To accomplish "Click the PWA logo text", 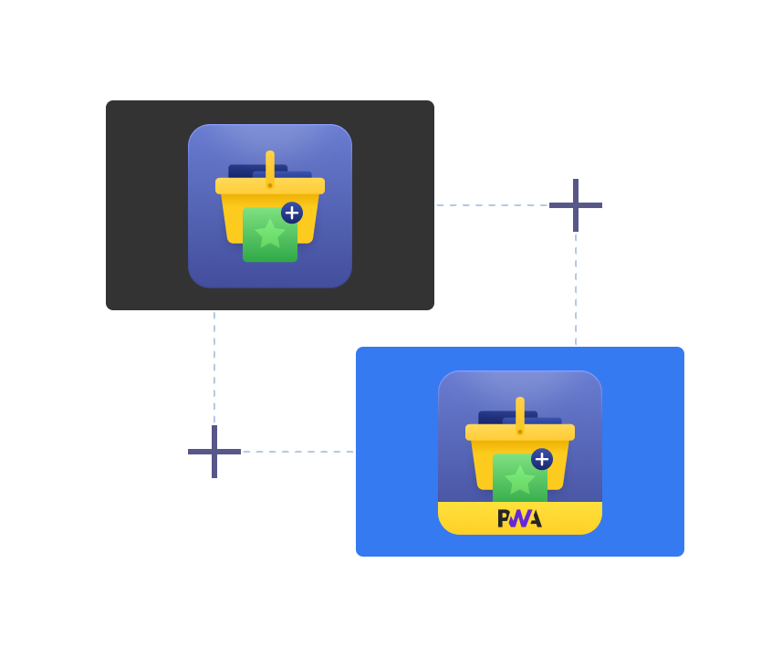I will [x=519, y=518].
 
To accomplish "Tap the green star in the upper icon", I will [x=270, y=234].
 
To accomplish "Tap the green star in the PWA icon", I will [x=520, y=480].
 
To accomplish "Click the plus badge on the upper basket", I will [x=292, y=213].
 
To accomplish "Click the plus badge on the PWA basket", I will [x=542, y=459].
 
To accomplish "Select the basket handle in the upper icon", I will [x=270, y=166].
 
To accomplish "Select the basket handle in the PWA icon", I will [x=520, y=412].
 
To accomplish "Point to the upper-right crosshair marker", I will [x=576, y=205].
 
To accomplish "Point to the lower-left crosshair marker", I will [x=214, y=452].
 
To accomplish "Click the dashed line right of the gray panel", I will [x=493, y=205].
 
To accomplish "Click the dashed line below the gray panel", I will [x=214, y=365].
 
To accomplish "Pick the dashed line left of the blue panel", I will [x=297, y=452].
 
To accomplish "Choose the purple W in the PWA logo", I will [x=519, y=518].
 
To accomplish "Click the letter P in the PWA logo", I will [x=503, y=518].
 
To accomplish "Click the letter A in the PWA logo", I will [x=535, y=518].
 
